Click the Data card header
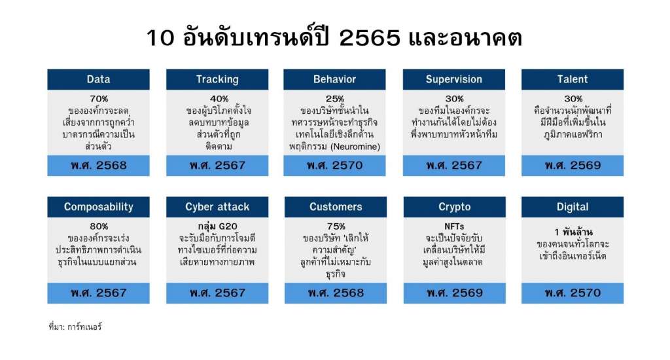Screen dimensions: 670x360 pyautogui.click(x=98, y=79)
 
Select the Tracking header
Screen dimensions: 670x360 pyautogui.click(x=217, y=79)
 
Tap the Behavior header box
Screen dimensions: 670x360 pyautogui.click(x=334, y=79)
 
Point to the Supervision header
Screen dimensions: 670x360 pyautogui.click(x=454, y=79)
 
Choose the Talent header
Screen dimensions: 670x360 pyautogui.click(x=573, y=79)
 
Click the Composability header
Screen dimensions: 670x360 pyautogui.click(x=98, y=207)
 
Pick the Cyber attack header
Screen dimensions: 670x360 pyautogui.click(x=217, y=207)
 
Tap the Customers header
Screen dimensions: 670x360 pyautogui.click(x=336, y=207)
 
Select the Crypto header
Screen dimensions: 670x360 pyautogui.click(x=454, y=207)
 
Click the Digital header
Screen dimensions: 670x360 pyautogui.click(x=573, y=207)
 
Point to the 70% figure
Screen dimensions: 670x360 pyautogui.click(x=99, y=99)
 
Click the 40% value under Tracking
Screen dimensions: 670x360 pyautogui.click(x=219, y=99)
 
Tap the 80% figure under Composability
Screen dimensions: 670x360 pyautogui.click(x=99, y=226)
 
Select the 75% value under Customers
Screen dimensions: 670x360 pyautogui.click(x=336, y=226)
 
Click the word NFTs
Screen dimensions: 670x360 pyautogui.click(x=454, y=226)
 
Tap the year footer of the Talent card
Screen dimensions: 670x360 pyautogui.click(x=573, y=166)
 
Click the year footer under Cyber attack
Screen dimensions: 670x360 pyautogui.click(x=217, y=293)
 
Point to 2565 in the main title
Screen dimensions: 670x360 pyautogui.click(x=370, y=37)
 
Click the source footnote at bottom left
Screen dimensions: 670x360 pyautogui.click(x=75, y=327)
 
